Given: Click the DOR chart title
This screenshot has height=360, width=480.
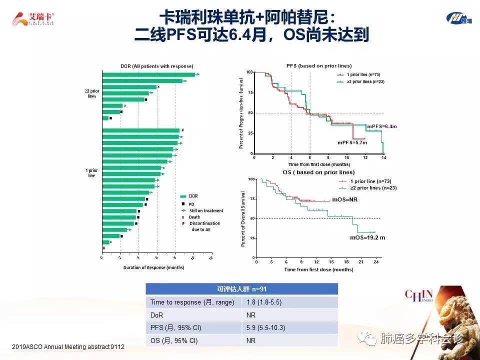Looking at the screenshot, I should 156,66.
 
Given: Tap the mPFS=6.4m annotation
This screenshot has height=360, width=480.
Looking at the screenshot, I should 381,126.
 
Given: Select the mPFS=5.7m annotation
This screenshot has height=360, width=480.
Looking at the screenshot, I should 352,142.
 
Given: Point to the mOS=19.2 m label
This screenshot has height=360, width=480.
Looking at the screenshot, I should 367,237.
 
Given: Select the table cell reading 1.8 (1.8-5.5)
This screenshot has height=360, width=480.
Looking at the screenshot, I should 262,302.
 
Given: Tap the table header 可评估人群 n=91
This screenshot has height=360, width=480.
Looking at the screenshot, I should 241,289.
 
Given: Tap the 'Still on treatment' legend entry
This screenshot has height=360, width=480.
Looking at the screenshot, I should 206,210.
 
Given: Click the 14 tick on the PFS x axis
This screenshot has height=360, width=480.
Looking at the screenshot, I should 383,157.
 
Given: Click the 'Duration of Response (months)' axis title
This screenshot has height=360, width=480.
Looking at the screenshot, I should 154,267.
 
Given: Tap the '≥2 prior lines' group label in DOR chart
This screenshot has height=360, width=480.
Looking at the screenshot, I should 92,93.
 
